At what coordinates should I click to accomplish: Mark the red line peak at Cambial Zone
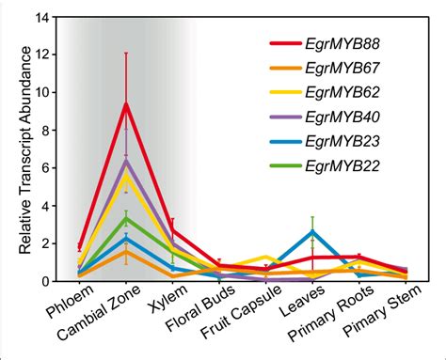click(126, 104)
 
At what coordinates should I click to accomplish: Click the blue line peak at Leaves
click(312, 231)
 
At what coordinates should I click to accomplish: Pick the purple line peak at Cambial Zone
click(126, 161)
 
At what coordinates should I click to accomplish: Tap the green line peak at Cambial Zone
click(126, 219)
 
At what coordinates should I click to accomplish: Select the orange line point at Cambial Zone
click(126, 252)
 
